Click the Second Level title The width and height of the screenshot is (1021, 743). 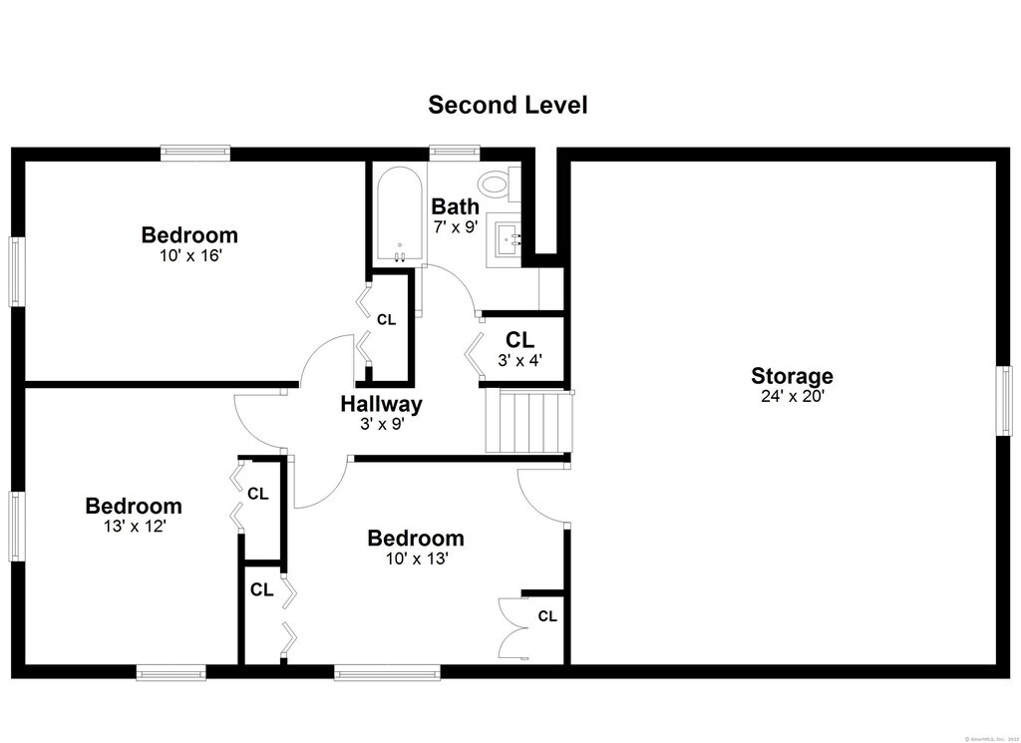[508, 105]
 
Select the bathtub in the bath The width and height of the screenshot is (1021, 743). [398, 214]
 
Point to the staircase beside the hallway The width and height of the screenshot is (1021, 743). [529, 422]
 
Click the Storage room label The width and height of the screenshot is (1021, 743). [792, 376]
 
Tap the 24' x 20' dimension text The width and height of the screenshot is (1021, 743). [792, 395]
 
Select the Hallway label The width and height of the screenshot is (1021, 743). [381, 404]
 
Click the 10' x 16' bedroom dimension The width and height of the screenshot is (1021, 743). [189, 255]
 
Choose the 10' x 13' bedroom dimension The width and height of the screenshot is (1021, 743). [415, 558]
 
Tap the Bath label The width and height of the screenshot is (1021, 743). [455, 206]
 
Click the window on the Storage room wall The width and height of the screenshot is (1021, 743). [1005, 400]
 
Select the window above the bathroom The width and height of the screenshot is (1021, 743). [455, 153]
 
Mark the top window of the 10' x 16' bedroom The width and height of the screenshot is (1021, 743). [196, 153]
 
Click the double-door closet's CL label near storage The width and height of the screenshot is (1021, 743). [547, 616]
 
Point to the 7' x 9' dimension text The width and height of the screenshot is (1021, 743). [456, 225]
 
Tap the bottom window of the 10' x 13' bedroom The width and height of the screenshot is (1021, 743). [387, 673]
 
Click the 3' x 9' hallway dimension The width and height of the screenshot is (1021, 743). [381, 423]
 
